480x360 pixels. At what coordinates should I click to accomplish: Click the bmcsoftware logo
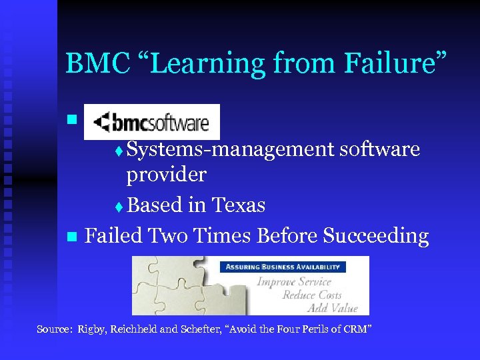pos(151,122)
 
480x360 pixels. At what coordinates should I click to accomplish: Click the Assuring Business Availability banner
pos(283,267)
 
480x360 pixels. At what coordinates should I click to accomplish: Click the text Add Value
pos(333,308)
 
